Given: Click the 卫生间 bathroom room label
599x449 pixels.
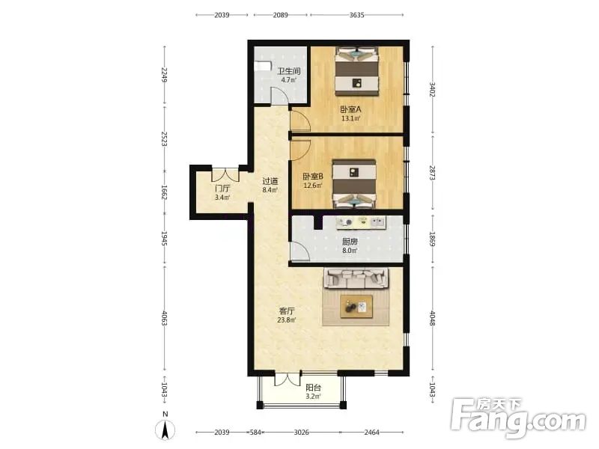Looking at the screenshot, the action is (289, 71).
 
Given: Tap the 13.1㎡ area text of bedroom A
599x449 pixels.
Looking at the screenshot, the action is (350, 118).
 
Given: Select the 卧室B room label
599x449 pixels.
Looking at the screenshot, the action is (313, 177).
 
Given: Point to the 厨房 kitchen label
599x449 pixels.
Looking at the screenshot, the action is (350, 242).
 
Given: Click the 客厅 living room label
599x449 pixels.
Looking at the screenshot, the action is (287, 311).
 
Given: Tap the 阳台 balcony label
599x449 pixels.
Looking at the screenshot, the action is (313, 387).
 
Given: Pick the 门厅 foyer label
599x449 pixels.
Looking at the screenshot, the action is (222, 189).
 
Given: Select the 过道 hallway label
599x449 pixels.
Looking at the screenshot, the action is (270, 181).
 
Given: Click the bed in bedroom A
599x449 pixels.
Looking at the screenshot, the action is (357, 71).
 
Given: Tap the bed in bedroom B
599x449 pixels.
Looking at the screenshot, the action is (354, 184).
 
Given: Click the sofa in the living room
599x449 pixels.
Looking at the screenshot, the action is (356, 278).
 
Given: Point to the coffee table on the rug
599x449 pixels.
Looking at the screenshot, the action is (356, 306).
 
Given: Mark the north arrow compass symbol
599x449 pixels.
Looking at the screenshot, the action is (165, 428).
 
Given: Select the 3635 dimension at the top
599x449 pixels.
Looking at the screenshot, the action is (357, 15).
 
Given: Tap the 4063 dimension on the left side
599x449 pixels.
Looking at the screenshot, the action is (165, 319).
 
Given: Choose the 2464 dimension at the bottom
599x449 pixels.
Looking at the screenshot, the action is (371, 433).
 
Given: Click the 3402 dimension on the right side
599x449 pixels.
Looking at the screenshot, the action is (433, 89).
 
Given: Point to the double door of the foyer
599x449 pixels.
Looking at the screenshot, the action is (225, 175).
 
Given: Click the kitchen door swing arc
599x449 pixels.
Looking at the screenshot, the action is (300, 251).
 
